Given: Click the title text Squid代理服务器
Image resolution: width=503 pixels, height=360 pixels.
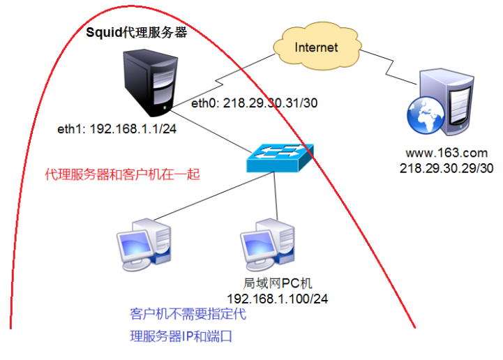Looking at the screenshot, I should click(x=137, y=32).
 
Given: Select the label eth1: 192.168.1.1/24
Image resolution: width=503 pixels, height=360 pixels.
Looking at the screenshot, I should click(x=107, y=130).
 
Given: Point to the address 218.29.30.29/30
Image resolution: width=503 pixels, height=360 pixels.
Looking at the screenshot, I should click(x=437, y=168).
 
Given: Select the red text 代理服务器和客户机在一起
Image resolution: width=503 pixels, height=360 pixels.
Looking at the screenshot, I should click(x=122, y=174).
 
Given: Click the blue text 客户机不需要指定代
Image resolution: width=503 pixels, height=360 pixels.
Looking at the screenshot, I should click(x=188, y=315).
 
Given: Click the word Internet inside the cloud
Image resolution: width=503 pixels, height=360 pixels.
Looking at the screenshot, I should click(x=316, y=47).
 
